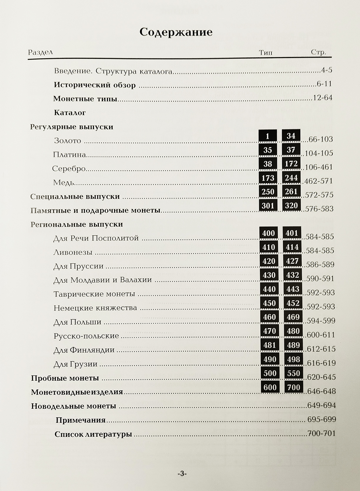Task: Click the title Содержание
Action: (176, 32)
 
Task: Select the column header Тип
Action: (266, 53)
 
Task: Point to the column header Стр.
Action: (318, 53)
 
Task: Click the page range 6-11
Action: (324, 84)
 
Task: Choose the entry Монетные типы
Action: (85, 98)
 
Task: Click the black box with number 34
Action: (291, 136)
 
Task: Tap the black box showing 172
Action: (291, 164)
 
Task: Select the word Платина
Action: (69, 154)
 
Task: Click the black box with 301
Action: (268, 206)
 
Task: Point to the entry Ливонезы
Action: (73, 252)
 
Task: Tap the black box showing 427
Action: (292, 261)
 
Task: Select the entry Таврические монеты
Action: (94, 294)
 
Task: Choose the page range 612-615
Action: (321, 349)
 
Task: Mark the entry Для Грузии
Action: (75, 364)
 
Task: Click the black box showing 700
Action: (293, 388)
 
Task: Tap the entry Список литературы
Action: (93, 434)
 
